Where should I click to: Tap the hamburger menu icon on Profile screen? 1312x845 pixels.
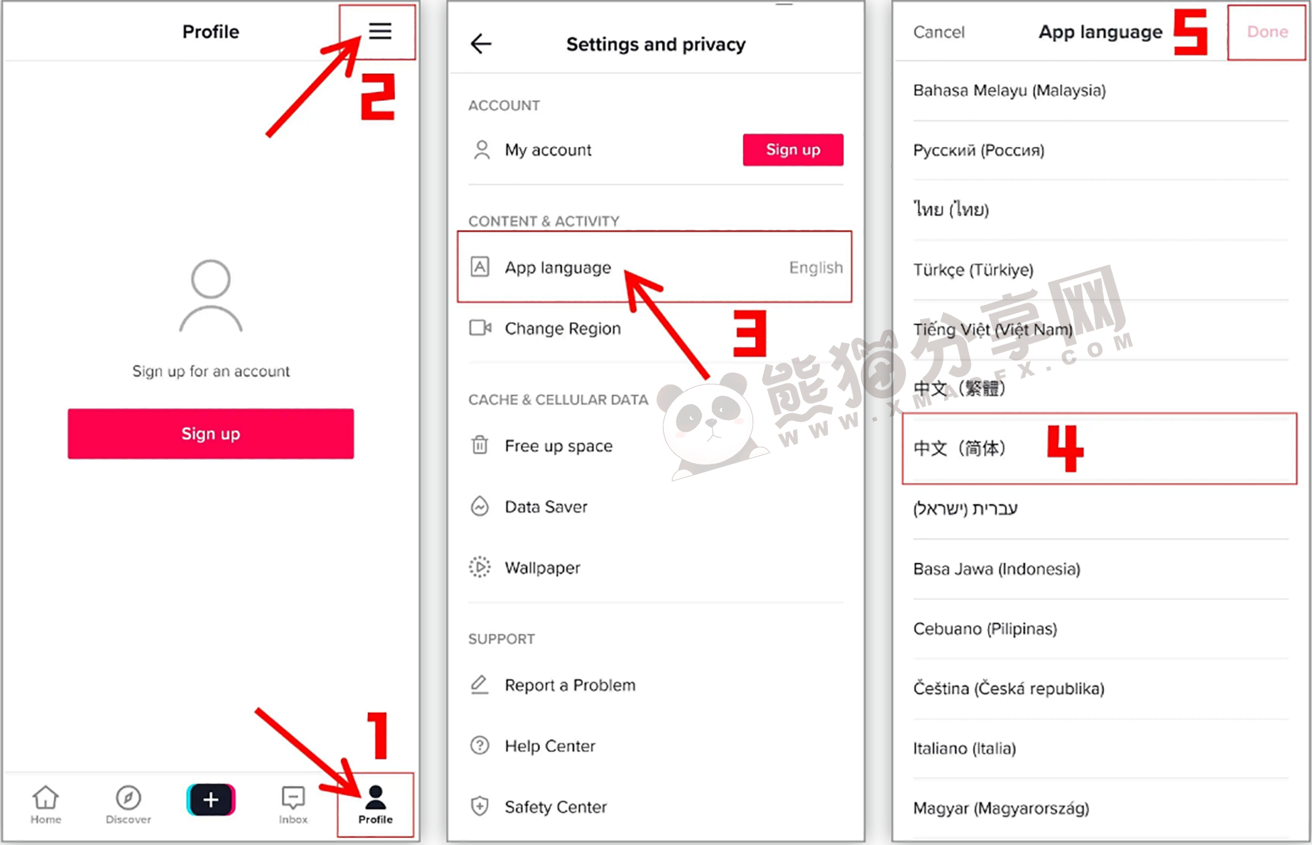coord(380,31)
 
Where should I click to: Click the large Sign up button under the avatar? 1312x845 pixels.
coord(211,434)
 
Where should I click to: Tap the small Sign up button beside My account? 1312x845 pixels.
coord(793,150)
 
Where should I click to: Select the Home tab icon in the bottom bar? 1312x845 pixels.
coord(45,798)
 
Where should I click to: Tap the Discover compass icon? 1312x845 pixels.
coord(128,798)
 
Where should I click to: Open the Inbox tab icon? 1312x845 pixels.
coord(293,798)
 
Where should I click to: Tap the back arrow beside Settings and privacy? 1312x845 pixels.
coord(481,44)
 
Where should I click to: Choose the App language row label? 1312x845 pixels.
coord(558,268)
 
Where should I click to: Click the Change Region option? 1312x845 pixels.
coord(562,328)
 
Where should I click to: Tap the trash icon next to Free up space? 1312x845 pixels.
coord(480,445)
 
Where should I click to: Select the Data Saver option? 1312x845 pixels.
coord(546,506)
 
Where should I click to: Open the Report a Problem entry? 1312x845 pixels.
coord(570,685)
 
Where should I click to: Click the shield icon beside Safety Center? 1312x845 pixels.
coord(480,806)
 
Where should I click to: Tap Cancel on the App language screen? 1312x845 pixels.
coord(939,32)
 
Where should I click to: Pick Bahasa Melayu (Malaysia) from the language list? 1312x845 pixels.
coord(1010,91)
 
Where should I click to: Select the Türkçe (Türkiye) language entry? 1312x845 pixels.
coord(974,270)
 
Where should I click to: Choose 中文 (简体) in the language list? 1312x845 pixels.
coord(959,448)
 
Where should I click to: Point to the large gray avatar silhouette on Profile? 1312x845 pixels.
coord(211,297)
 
